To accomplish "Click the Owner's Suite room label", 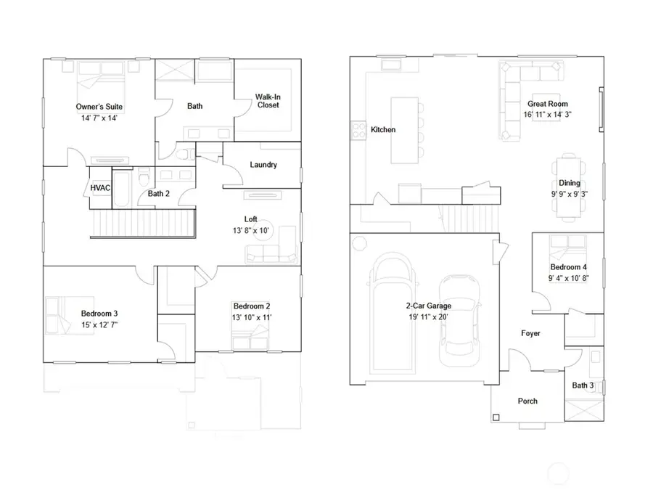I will [x=99, y=107].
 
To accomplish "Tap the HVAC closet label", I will [x=100, y=188].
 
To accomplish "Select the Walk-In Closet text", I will [x=268, y=101].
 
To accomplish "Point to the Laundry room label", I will [x=263, y=165].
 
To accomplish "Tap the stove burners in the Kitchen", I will [x=358, y=130].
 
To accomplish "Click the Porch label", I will [x=527, y=401].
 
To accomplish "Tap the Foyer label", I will [x=530, y=333].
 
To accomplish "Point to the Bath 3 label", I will [x=582, y=385].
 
